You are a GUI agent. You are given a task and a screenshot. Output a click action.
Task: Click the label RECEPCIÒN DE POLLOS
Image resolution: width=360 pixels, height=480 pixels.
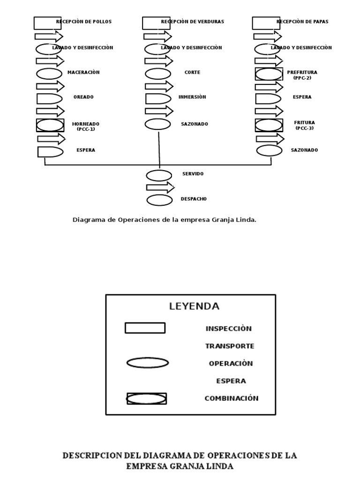click(x=84, y=22)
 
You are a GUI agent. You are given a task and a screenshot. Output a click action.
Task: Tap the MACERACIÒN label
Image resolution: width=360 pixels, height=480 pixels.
click(x=83, y=72)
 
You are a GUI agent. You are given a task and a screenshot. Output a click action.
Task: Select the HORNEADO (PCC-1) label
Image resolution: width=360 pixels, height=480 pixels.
click(x=86, y=127)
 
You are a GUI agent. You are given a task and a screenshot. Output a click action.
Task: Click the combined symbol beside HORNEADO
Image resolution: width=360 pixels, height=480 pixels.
click(x=50, y=125)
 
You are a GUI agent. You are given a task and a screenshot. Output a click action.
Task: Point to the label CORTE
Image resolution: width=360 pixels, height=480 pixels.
click(x=192, y=73)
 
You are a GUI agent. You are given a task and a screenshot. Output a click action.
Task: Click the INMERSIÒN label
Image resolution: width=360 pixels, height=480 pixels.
click(x=192, y=97)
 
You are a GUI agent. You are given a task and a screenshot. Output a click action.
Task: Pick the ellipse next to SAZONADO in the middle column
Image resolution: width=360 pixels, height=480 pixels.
click(x=157, y=124)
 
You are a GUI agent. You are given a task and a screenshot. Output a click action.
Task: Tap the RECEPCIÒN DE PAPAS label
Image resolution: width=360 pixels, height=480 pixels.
click(x=302, y=22)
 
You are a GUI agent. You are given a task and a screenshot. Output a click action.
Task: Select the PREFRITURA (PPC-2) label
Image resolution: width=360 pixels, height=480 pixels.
click(x=302, y=75)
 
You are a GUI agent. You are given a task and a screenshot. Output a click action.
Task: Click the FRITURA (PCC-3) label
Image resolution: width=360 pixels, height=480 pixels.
click(x=304, y=125)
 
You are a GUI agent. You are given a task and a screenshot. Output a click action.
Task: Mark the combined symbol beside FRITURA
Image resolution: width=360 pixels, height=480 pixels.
click(x=269, y=125)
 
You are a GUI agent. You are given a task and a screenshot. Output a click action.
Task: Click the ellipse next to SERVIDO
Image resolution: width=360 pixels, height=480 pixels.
click(x=159, y=176)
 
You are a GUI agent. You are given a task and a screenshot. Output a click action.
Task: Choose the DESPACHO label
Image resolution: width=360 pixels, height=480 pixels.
click(x=194, y=199)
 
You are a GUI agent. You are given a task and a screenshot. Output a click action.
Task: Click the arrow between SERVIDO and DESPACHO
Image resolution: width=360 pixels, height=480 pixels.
click(x=160, y=187)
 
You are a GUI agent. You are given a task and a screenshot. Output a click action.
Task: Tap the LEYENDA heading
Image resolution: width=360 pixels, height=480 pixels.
click(x=194, y=307)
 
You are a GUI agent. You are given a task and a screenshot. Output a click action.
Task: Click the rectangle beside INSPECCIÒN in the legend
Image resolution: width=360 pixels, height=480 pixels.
click(x=145, y=328)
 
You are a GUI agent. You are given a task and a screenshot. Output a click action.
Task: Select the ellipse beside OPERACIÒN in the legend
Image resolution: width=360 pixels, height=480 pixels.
click(x=148, y=362)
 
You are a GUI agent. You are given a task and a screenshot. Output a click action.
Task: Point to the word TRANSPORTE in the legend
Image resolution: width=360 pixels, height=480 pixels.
click(x=230, y=346)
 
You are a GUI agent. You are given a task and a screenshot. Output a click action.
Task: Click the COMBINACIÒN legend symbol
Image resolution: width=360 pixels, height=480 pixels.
click(x=147, y=398)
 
